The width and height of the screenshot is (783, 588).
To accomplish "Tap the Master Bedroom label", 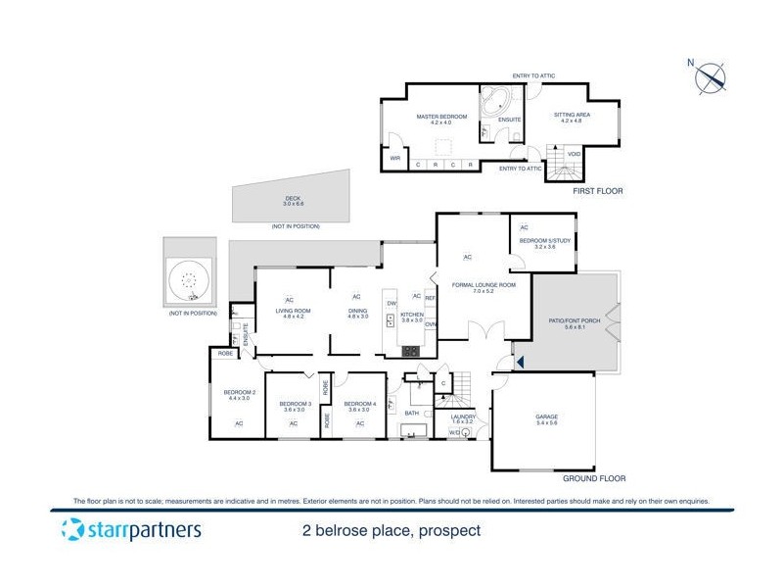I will tap(436, 119).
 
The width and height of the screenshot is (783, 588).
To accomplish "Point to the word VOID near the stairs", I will tap(575, 153).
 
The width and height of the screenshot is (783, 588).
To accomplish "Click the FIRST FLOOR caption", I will tap(599, 190).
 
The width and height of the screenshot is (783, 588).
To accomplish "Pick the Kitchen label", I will tap(412, 317).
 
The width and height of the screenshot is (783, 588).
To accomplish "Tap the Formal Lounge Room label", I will tap(477, 287).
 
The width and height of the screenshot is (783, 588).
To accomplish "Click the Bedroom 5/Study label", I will tap(538, 243).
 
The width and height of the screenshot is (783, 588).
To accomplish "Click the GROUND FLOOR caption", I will tap(593, 479).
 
